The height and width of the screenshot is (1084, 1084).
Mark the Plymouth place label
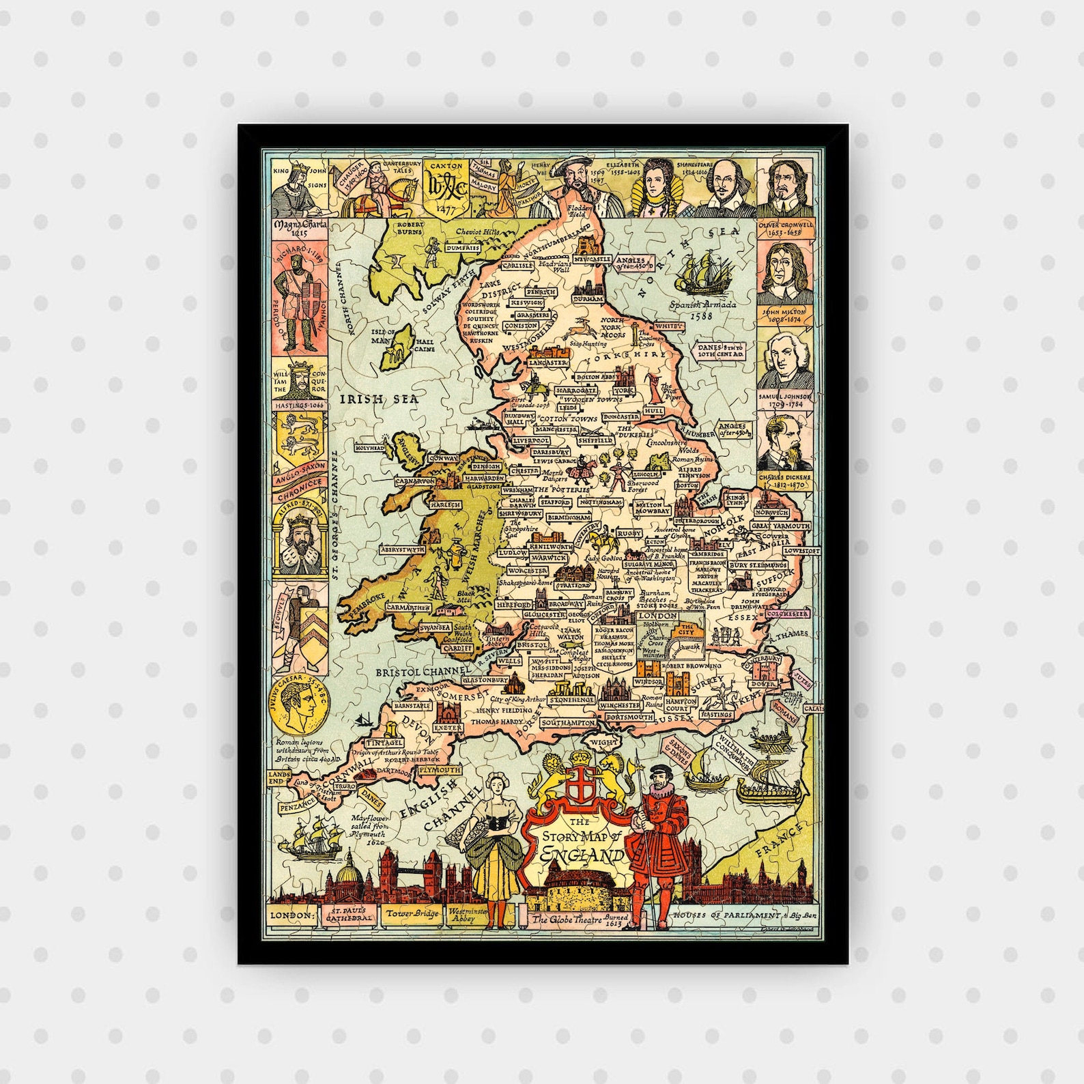438,770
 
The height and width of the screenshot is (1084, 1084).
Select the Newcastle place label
591,260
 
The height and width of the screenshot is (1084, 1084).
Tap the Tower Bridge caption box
412,914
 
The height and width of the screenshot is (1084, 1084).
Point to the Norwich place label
771,512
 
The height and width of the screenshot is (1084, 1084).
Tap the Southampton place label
569,722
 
